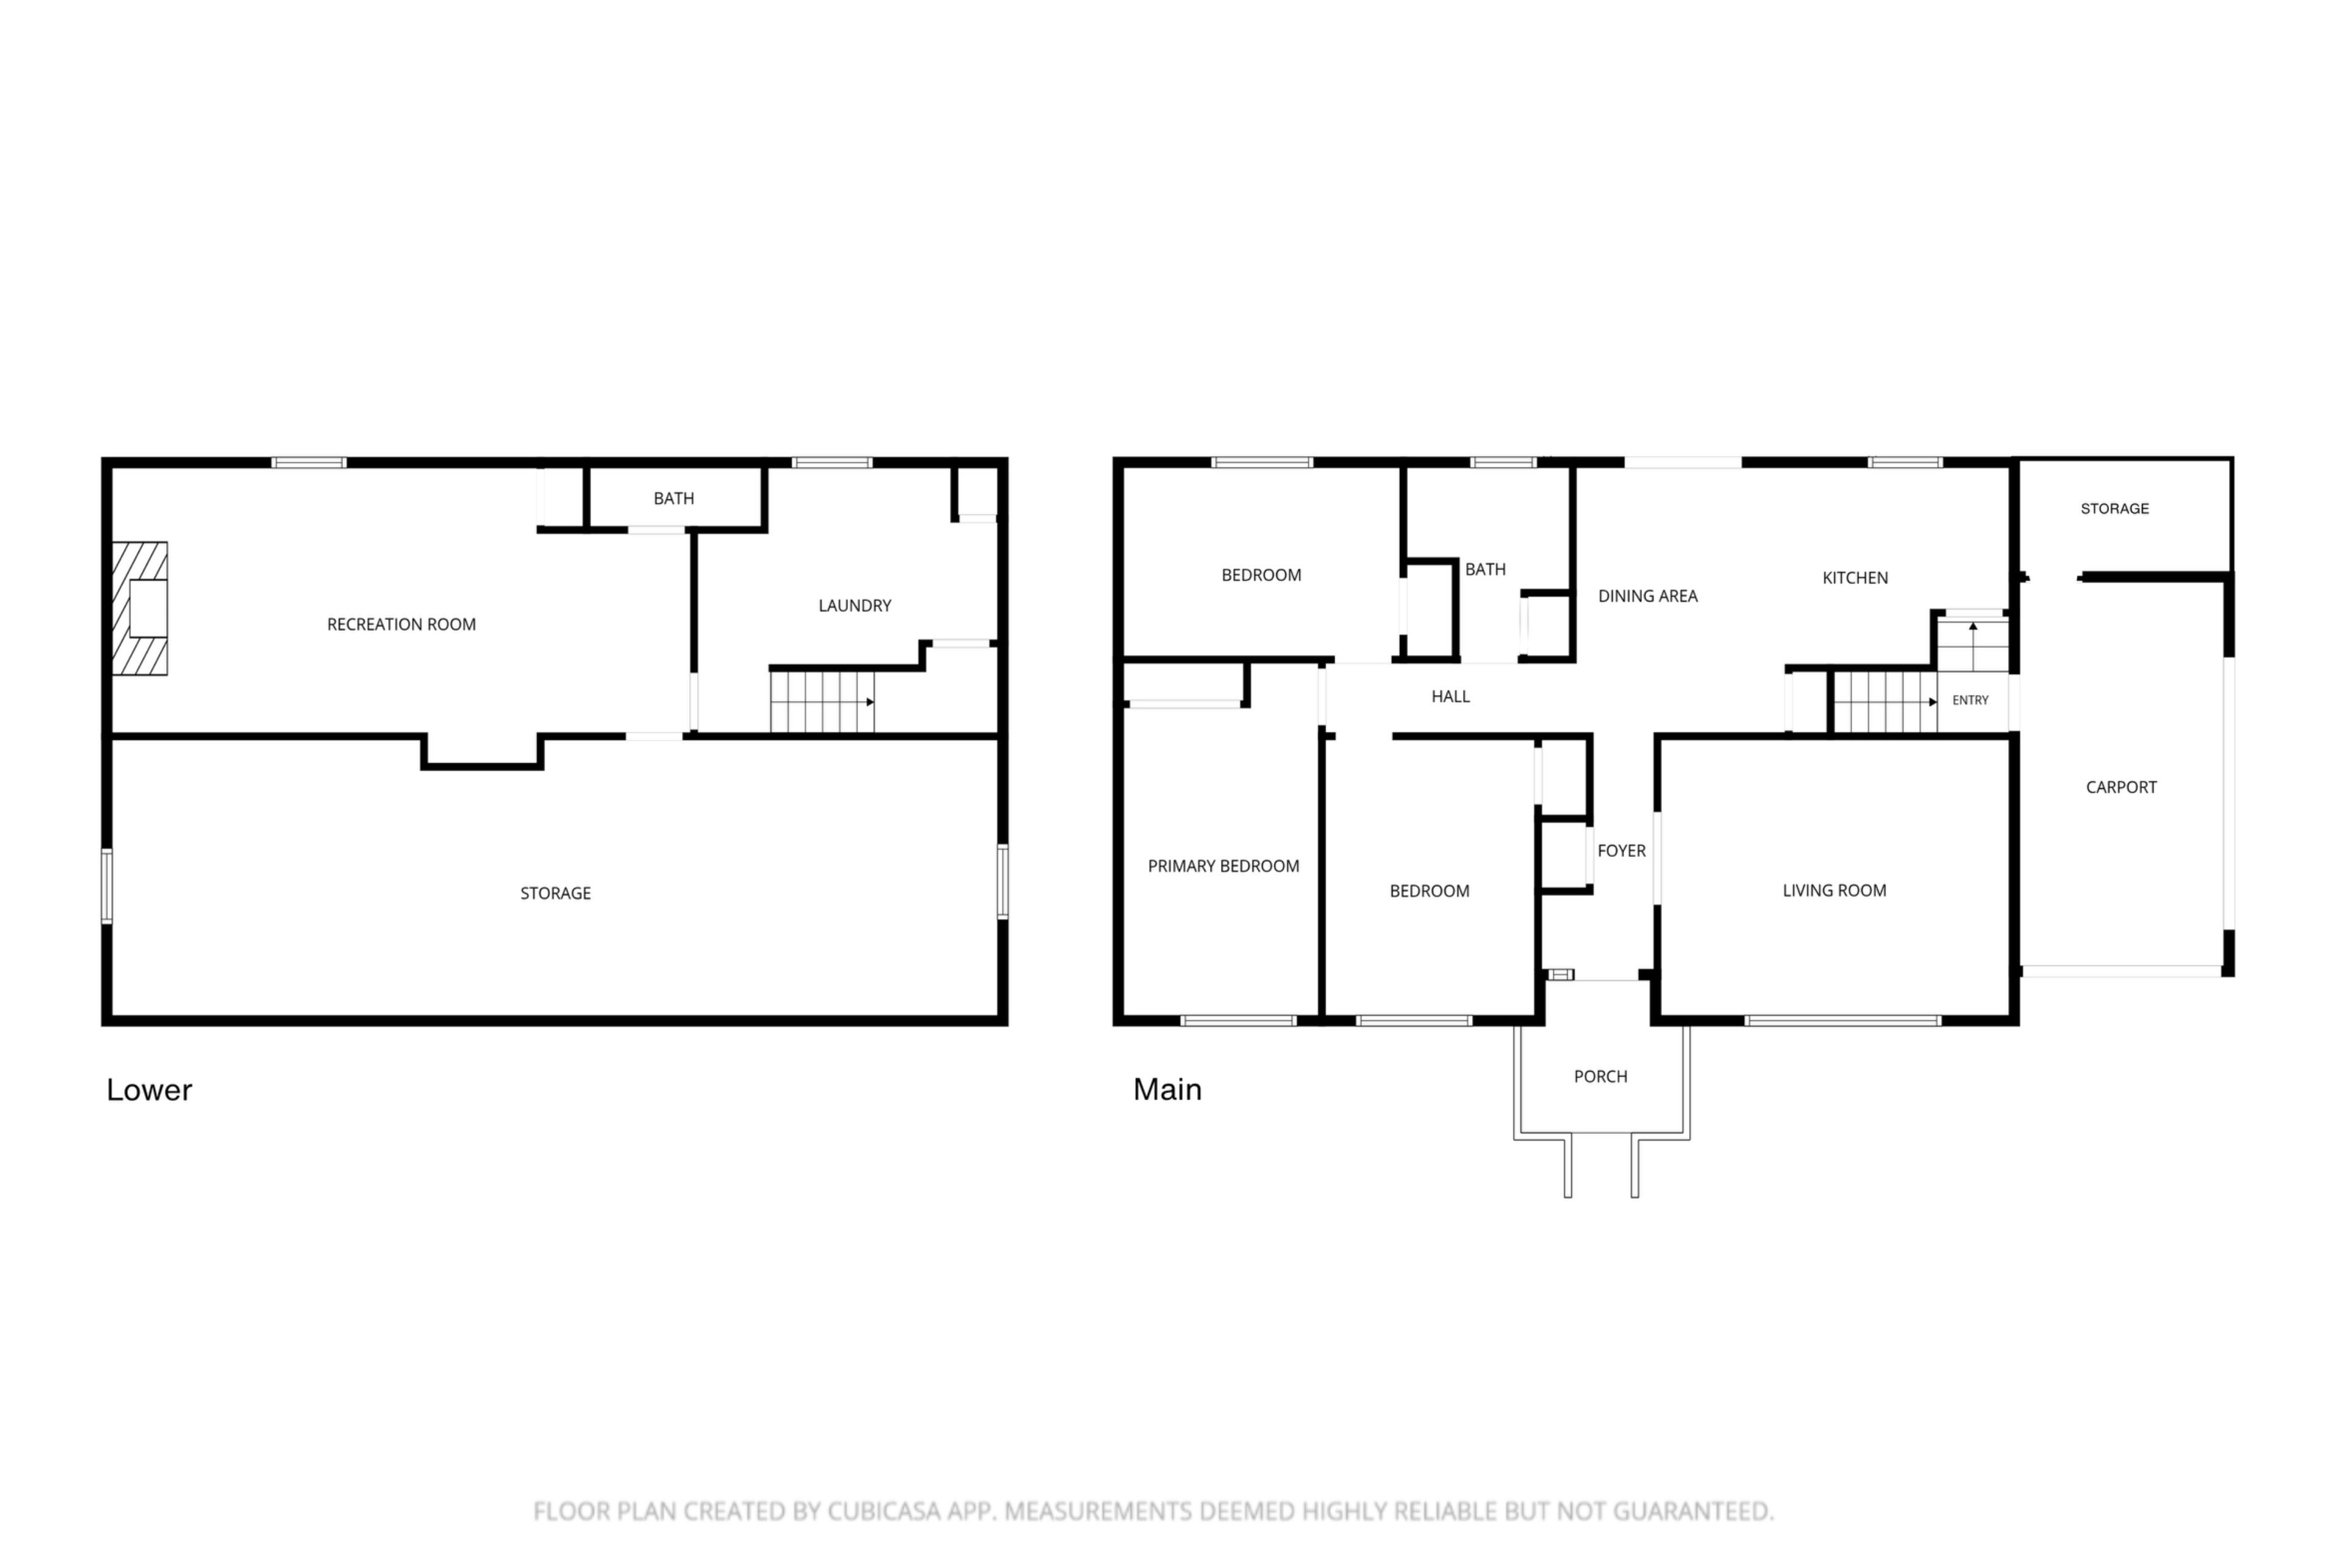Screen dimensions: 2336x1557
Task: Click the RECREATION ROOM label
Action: point(401,625)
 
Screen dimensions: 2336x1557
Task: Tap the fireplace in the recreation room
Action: point(139,609)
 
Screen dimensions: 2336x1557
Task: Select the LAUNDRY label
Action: point(854,606)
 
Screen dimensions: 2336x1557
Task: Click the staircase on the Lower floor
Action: point(822,702)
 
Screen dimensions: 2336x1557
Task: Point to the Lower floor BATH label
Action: point(673,499)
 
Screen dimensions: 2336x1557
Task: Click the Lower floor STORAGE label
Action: point(555,893)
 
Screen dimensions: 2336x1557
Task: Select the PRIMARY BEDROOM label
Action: point(1223,867)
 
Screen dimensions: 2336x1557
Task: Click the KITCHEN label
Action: point(1854,578)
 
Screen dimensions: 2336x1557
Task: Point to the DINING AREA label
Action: point(1648,596)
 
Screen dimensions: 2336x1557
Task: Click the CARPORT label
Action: point(2121,788)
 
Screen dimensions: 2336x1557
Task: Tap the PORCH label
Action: point(1600,1077)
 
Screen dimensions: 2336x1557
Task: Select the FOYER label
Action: point(1621,851)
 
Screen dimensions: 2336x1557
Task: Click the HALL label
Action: point(1450,697)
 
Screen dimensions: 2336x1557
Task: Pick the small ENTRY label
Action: point(1970,700)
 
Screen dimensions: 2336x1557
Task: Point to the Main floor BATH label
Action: point(1485,570)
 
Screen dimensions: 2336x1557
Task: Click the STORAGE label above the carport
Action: point(2115,508)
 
